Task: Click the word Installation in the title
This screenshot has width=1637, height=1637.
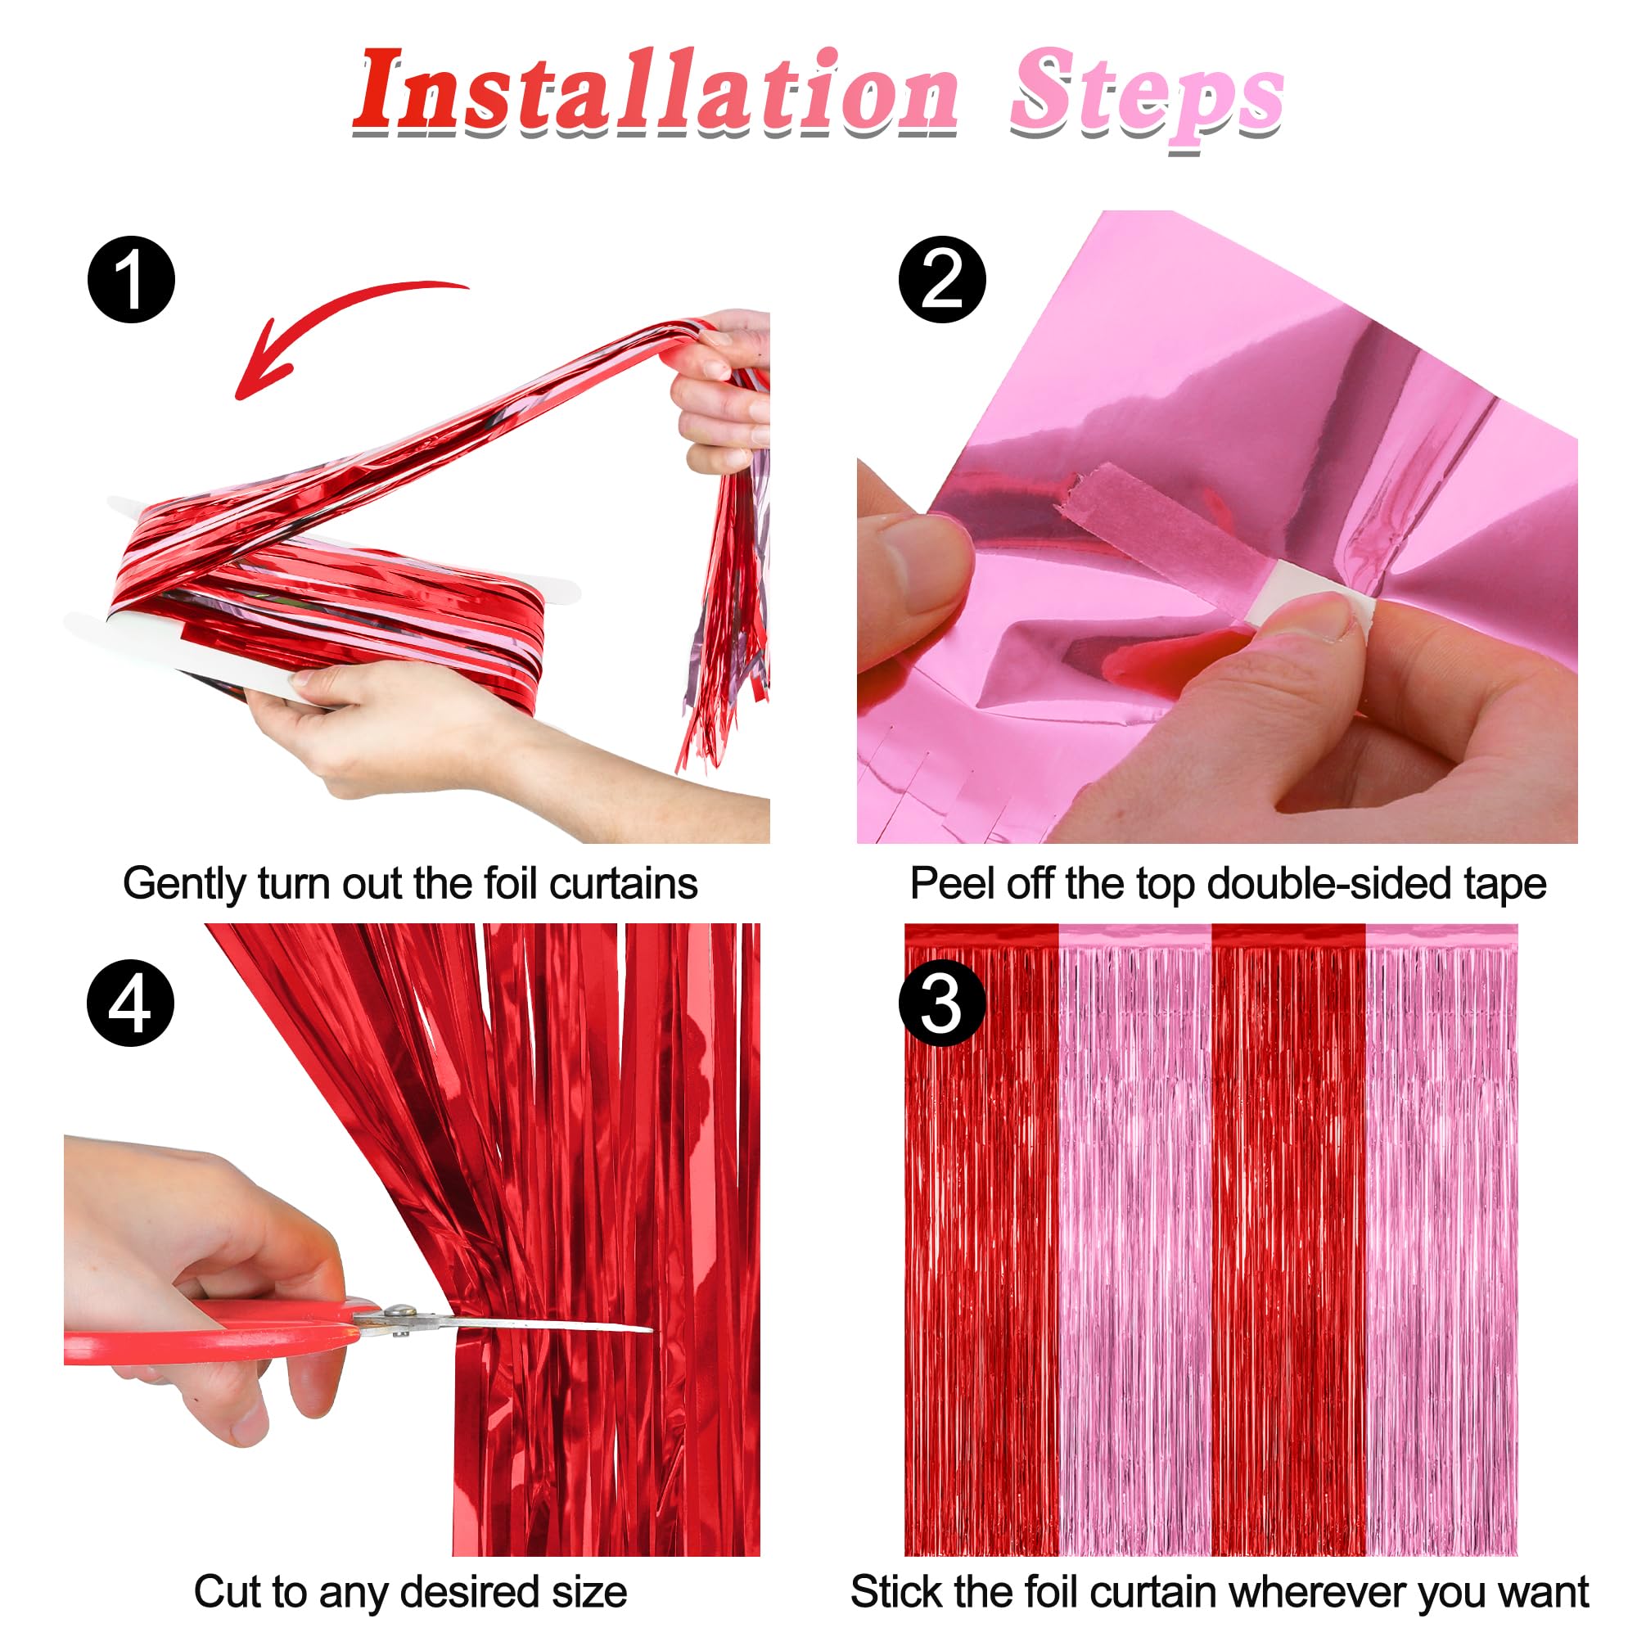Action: pos(656,93)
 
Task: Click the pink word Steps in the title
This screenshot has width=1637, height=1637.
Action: pos(1147,97)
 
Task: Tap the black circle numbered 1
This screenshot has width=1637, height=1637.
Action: pos(131,280)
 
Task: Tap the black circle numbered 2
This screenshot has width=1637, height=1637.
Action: pos(941,280)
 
